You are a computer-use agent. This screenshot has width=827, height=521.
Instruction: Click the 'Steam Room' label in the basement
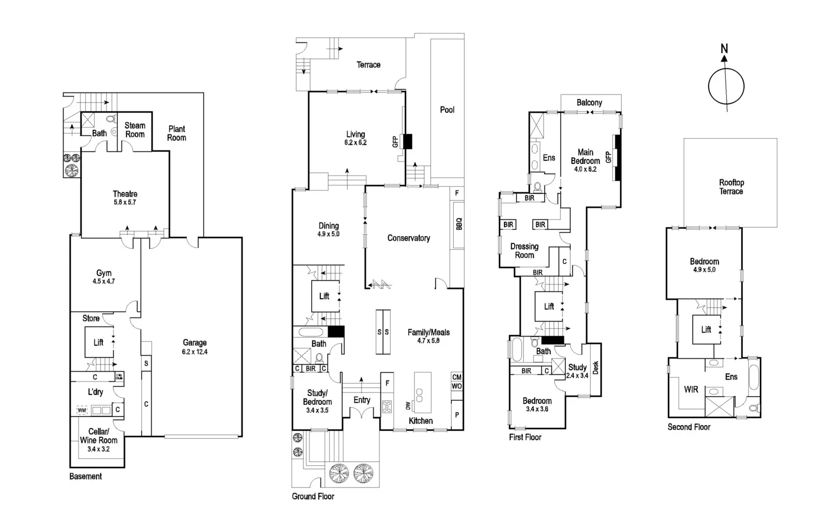pyautogui.click(x=135, y=130)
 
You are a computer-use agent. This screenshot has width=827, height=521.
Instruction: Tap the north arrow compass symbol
pyautogui.click(x=726, y=85)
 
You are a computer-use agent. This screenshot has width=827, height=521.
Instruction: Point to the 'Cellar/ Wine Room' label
pyautogui.click(x=99, y=436)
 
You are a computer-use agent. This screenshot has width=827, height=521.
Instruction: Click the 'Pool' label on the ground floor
pyautogui.click(x=447, y=110)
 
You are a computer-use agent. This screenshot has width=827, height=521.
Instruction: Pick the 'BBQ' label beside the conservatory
pyautogui.click(x=458, y=224)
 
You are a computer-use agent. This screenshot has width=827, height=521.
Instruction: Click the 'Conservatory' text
pyautogui.click(x=408, y=238)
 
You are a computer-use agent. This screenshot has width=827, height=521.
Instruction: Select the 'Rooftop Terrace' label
pyautogui.click(x=731, y=187)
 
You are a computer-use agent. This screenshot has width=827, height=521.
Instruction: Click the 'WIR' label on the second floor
pyautogui.click(x=691, y=390)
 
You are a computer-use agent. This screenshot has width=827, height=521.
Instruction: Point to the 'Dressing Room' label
pyautogui.click(x=524, y=251)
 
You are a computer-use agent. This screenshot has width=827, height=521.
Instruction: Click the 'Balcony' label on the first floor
pyautogui.click(x=589, y=103)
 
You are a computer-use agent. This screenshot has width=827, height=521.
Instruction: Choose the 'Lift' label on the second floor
pyautogui.click(x=706, y=329)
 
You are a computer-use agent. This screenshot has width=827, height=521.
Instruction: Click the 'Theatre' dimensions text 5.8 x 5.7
pyautogui.click(x=125, y=202)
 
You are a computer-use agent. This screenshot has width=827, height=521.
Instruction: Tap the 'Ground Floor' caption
pyautogui.click(x=313, y=497)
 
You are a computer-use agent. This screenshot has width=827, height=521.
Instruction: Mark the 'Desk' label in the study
pyautogui.click(x=595, y=368)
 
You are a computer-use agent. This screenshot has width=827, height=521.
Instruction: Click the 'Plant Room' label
pyautogui.click(x=177, y=133)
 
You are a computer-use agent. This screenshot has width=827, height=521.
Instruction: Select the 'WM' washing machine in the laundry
pyautogui.click(x=82, y=411)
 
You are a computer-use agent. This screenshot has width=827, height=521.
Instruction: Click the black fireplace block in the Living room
pyautogui.click(x=407, y=141)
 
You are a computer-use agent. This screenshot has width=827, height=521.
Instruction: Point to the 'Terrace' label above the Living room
pyautogui.click(x=368, y=65)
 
